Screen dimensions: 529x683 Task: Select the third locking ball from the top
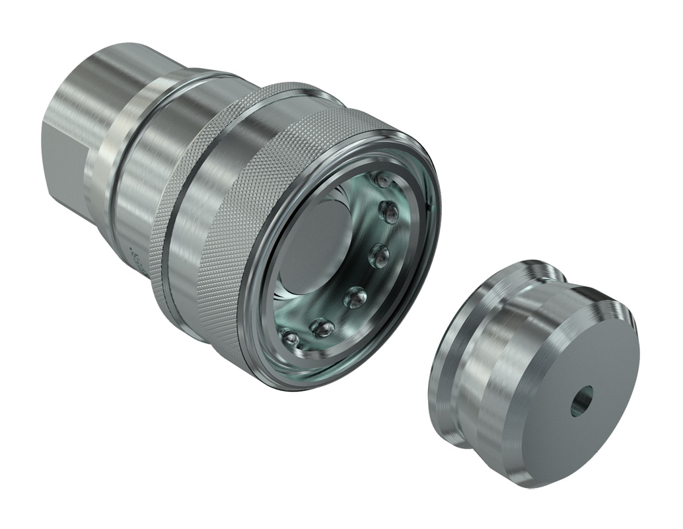[378, 255]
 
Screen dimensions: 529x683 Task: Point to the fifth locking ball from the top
[322, 327]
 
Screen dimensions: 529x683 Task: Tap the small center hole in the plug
[582, 401]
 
